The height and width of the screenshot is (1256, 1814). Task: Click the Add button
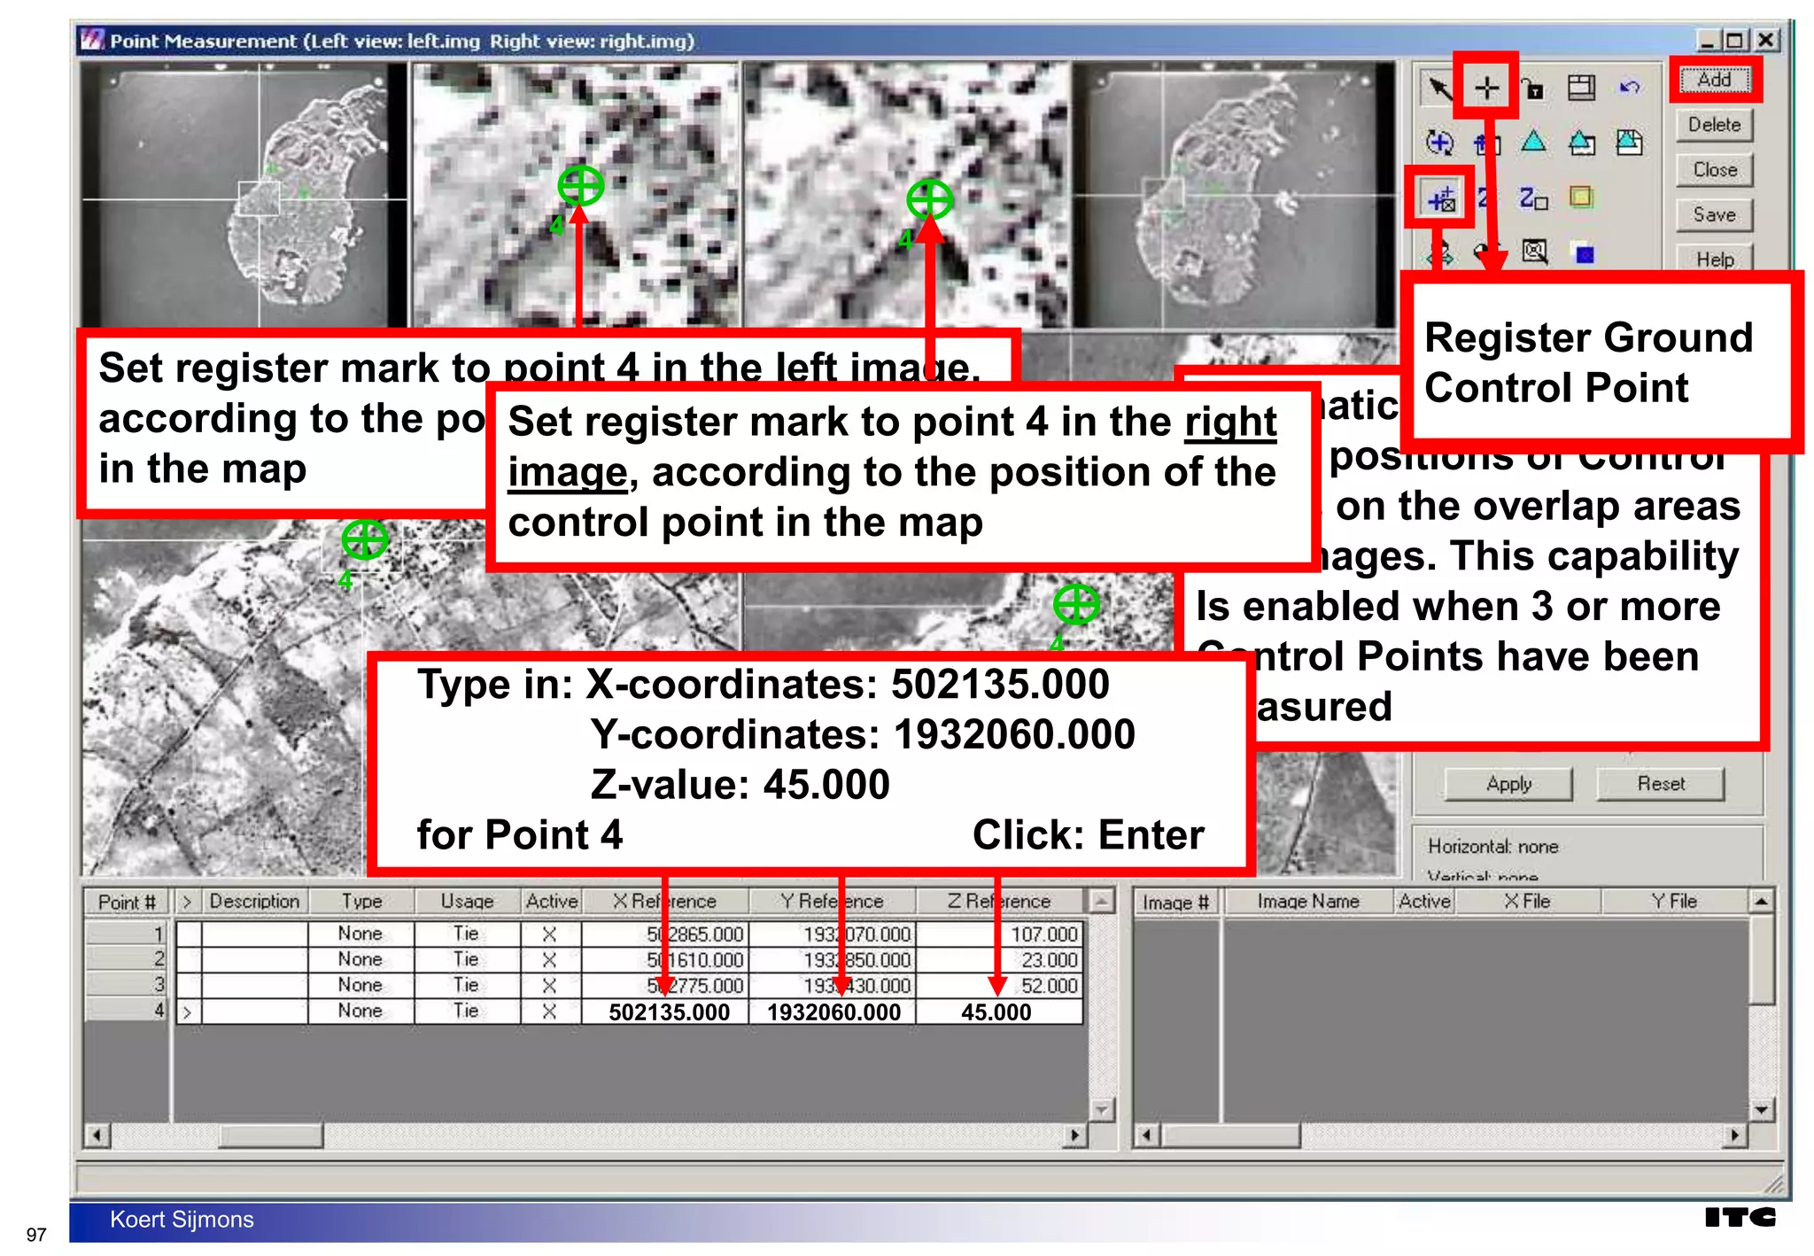point(1714,80)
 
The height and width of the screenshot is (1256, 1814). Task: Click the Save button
point(1714,214)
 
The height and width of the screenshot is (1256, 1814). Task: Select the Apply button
point(1508,784)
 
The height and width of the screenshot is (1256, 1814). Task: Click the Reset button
point(1660,784)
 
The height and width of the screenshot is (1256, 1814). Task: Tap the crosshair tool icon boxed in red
point(1487,87)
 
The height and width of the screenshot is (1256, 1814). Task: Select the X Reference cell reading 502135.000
point(668,1012)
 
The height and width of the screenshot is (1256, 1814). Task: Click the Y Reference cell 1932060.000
point(833,1012)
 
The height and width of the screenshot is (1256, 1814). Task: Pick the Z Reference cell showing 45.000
point(996,1012)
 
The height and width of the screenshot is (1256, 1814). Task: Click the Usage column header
point(467,902)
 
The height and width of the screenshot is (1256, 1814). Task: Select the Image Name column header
point(1307,902)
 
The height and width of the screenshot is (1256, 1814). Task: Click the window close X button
point(1765,41)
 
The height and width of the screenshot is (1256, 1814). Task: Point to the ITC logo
point(1740,1217)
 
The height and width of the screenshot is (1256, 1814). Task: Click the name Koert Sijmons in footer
point(182,1220)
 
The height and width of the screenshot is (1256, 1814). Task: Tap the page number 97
point(36,1235)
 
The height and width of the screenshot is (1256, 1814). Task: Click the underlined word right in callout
point(1230,422)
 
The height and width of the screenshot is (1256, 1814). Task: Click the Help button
point(1714,260)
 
